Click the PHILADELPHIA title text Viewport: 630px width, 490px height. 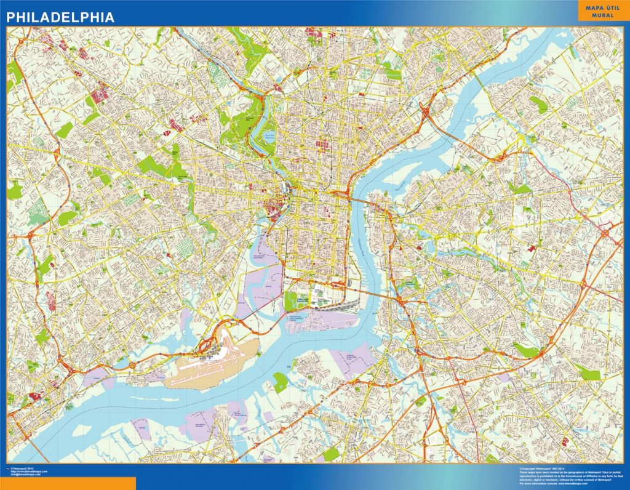click(60, 17)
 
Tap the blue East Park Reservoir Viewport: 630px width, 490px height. click(269, 137)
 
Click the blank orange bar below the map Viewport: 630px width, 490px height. click(68, 484)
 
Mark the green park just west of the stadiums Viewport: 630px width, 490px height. click(291, 302)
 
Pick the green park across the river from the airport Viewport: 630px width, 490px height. click(280, 382)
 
